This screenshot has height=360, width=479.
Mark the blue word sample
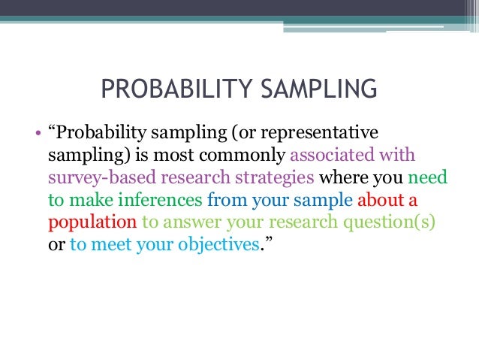coord(328,202)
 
